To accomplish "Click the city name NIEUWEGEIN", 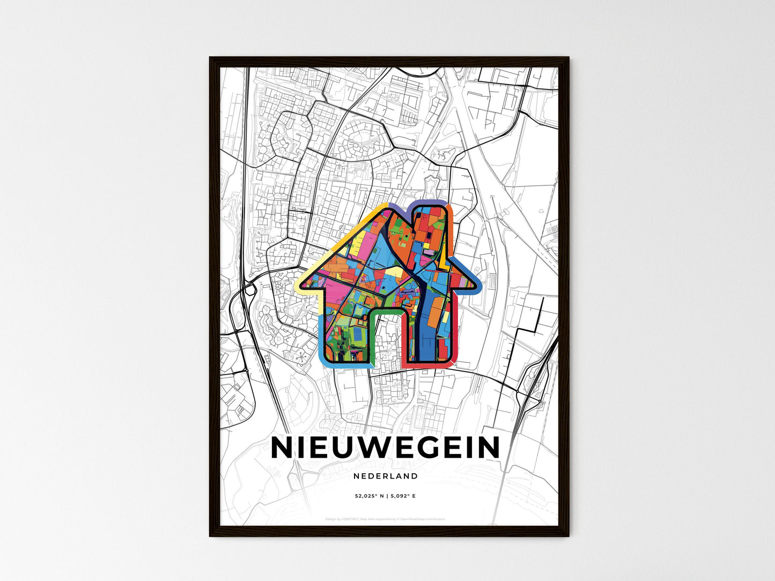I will click(386, 448).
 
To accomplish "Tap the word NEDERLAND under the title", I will click(386, 476).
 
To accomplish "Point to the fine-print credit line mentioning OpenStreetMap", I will click(386, 519).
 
